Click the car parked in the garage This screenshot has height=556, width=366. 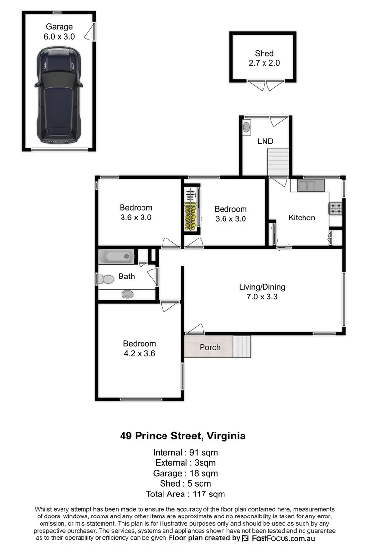click(x=59, y=95)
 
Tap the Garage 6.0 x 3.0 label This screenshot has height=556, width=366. click(x=59, y=31)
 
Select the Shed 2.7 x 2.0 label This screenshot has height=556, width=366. click(x=264, y=58)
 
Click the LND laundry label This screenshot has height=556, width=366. click(x=265, y=141)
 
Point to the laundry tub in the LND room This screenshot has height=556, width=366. click(x=246, y=128)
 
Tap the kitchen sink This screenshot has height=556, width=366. click(x=311, y=185)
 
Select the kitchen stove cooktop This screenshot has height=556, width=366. click(x=335, y=209)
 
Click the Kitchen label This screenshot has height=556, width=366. click(x=302, y=218)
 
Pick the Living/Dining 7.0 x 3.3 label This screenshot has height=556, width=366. click(x=262, y=292)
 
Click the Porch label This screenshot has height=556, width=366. click(x=210, y=347)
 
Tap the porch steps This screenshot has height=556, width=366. click(x=242, y=346)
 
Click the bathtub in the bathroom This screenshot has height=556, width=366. click(x=116, y=257)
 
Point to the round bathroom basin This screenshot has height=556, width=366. click(x=127, y=294)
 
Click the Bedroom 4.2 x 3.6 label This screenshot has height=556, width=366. click(x=139, y=348)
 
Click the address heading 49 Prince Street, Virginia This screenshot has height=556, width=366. click(x=183, y=436)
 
